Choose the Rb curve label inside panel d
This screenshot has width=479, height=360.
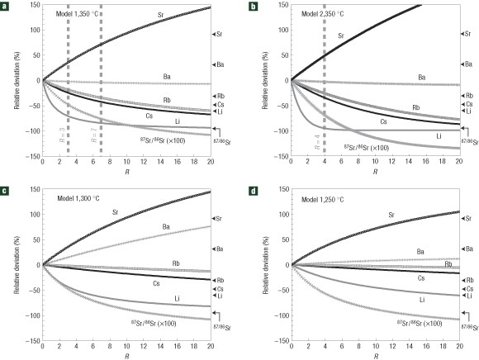[x=447, y=264]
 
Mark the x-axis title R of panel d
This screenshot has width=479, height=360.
[x=375, y=355]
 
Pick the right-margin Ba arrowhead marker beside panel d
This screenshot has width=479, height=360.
[x=465, y=249]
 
